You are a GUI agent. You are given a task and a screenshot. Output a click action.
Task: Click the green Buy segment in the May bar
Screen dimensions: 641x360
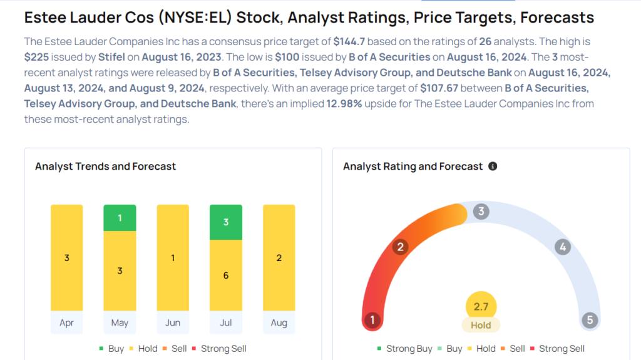(x=120, y=218)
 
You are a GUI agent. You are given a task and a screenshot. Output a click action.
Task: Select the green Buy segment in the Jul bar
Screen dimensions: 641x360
(x=225, y=222)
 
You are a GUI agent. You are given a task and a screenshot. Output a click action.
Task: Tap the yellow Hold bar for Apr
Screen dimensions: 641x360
(x=66, y=258)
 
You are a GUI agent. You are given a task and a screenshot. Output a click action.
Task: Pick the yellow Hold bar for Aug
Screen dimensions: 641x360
(x=279, y=258)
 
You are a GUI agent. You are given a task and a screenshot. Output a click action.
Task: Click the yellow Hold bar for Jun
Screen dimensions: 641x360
(x=173, y=258)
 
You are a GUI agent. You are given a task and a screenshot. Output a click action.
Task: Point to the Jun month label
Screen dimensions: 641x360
(x=173, y=323)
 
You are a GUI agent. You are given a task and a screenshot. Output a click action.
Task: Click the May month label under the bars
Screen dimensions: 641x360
(x=120, y=323)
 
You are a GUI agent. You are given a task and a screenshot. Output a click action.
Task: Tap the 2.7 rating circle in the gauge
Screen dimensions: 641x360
(x=481, y=306)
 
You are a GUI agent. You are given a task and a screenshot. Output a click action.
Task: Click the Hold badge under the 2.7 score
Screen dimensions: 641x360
(x=481, y=325)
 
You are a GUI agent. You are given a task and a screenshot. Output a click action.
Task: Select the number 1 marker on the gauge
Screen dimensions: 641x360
(x=372, y=319)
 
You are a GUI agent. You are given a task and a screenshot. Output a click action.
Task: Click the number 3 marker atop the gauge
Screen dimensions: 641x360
(x=481, y=211)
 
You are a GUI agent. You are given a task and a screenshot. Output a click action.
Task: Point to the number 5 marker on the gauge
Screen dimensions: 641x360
(x=590, y=319)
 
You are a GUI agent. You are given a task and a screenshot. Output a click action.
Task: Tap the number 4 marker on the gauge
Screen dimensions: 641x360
(x=563, y=247)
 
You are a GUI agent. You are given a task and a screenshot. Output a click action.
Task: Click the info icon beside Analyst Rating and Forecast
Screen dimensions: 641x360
(x=493, y=166)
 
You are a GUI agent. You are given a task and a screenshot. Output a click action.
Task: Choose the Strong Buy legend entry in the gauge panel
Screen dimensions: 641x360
(x=405, y=349)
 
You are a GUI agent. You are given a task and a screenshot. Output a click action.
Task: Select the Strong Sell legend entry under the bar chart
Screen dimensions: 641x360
(x=219, y=349)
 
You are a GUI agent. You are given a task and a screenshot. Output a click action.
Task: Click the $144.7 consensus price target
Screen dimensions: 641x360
(x=349, y=41)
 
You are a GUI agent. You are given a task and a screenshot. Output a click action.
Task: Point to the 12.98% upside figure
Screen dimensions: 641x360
(x=344, y=103)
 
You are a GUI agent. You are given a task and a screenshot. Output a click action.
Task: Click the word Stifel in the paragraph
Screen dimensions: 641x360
(x=111, y=57)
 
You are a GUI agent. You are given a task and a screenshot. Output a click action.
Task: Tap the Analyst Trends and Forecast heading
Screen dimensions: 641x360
(x=105, y=167)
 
